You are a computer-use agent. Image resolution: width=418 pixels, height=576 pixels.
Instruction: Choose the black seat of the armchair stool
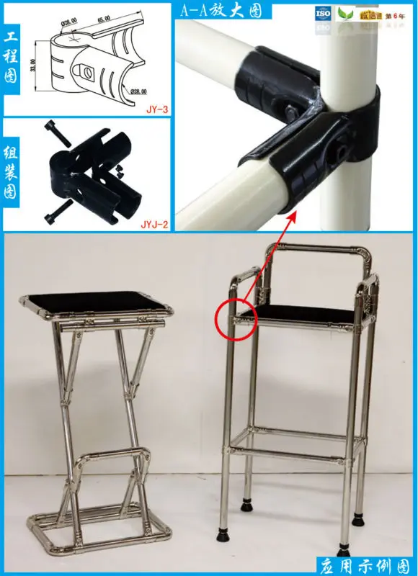point(303,312)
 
